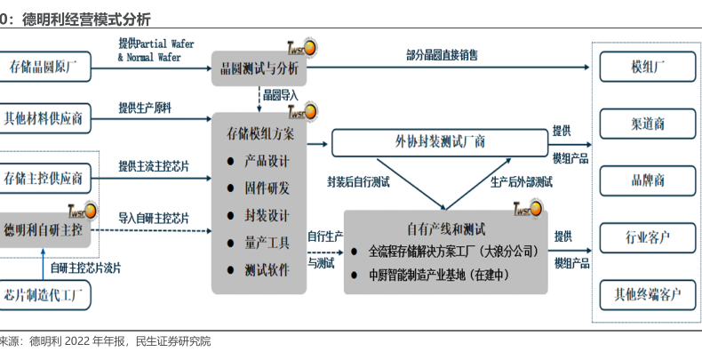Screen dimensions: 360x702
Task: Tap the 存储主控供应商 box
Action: (44, 178)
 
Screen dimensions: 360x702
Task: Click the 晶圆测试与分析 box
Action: (259, 68)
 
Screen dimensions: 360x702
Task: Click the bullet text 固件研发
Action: (267, 188)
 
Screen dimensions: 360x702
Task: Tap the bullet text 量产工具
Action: (267, 242)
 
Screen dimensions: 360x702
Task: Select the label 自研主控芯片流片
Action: (85, 267)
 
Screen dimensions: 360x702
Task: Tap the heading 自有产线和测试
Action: (445, 228)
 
